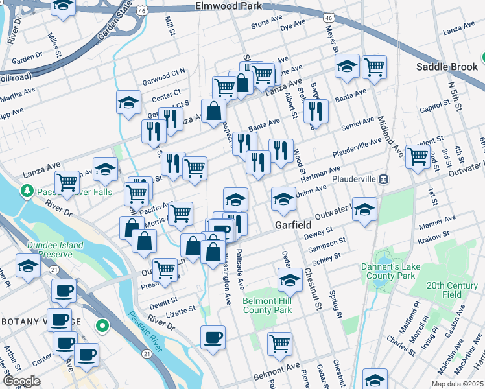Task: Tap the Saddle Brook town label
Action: (445, 67)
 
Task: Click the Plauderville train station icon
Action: (384, 178)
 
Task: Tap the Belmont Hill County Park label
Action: (267, 305)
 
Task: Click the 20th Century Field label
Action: (453, 290)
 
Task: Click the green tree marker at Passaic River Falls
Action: (27, 191)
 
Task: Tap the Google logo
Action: (21, 381)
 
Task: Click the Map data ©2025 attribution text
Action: (456, 384)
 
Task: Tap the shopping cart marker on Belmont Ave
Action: (279, 343)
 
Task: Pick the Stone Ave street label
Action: (264, 23)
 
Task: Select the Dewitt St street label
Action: (165, 301)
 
